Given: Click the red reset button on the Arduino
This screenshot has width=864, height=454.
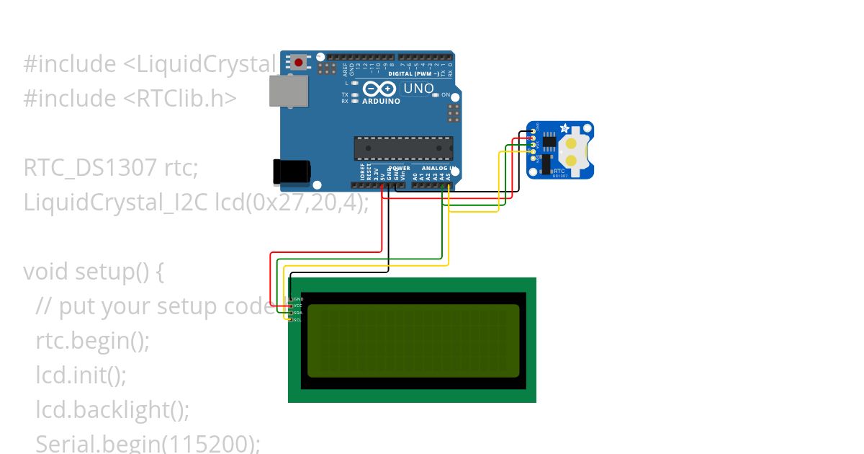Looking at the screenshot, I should coord(297,62).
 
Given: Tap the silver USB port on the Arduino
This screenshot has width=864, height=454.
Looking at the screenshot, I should coord(289,91).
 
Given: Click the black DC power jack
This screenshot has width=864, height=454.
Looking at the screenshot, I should coord(291,171).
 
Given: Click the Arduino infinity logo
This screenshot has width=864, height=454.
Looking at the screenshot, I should coord(379,89).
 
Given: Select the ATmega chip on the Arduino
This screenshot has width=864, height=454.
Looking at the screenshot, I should coord(403,148).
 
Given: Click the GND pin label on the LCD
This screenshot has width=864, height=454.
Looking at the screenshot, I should coord(298,298).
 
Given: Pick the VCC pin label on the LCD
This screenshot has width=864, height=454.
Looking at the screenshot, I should coord(297,306).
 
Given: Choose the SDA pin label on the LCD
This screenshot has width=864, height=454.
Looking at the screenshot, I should coord(297,313).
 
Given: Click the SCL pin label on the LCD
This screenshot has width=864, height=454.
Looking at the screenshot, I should coord(297,319).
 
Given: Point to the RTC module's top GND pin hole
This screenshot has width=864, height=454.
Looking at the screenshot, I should coord(533,130).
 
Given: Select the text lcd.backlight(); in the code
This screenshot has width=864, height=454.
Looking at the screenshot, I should coord(112,410).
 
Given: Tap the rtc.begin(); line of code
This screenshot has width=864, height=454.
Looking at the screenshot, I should coord(93,341).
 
